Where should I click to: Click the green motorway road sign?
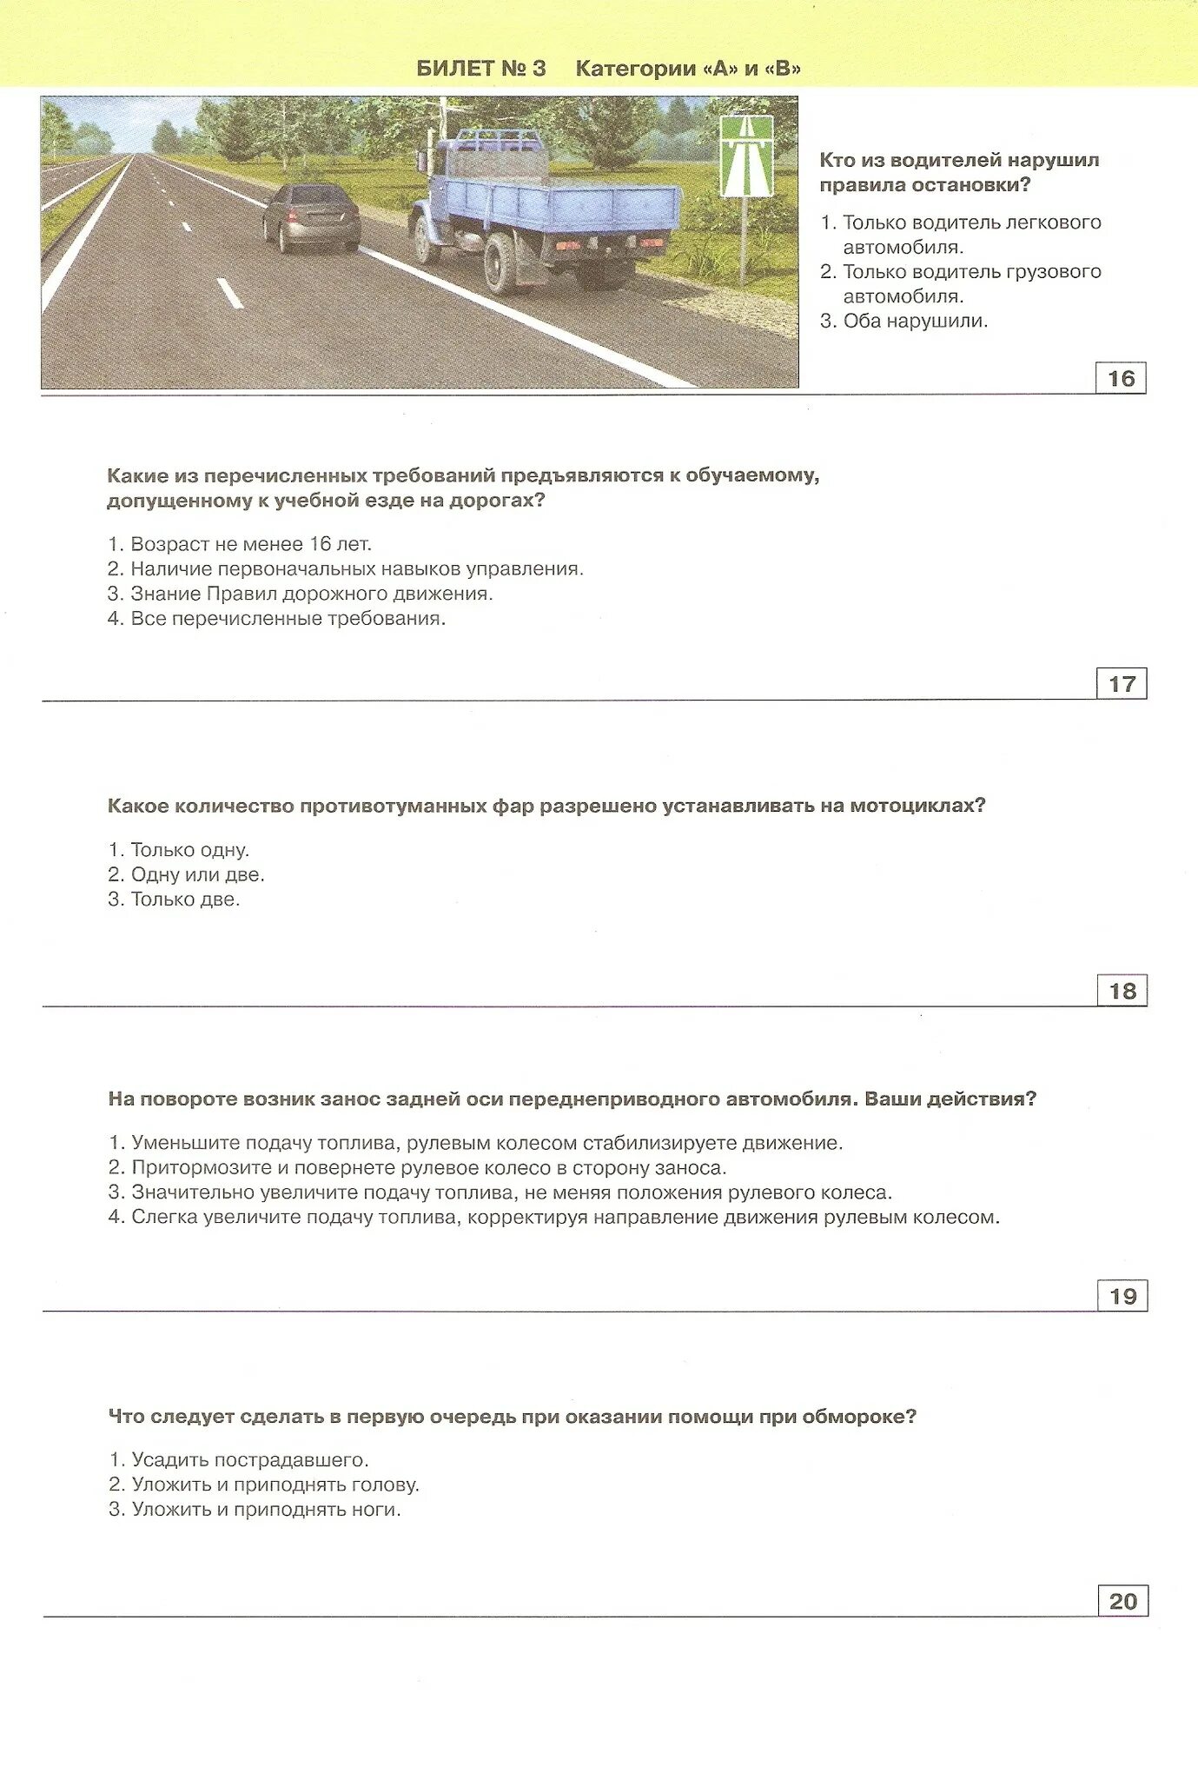[x=746, y=157]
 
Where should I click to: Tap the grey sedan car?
[x=311, y=218]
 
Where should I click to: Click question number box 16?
[x=1121, y=378]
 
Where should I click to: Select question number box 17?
[x=1122, y=684]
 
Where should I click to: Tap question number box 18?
[x=1122, y=991]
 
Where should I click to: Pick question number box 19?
[x=1122, y=1296]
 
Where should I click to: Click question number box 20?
[x=1122, y=1601]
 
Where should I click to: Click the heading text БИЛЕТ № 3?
[x=481, y=69]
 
